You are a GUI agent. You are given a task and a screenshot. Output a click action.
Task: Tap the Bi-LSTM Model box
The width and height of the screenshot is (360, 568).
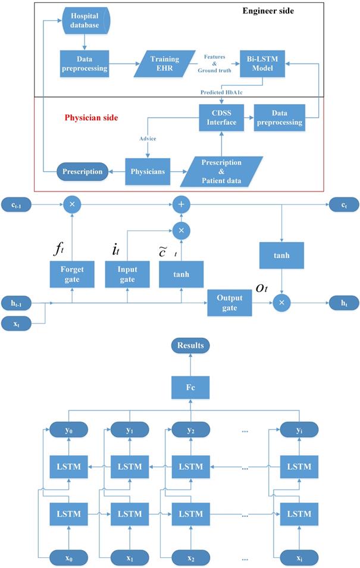coord(263,63)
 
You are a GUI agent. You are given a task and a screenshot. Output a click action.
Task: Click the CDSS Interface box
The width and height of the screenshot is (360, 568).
coord(221,118)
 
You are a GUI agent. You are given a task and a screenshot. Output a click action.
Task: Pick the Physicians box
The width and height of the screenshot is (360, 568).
coord(148,172)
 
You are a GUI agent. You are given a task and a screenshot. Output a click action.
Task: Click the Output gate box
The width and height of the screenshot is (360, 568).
coord(229,303)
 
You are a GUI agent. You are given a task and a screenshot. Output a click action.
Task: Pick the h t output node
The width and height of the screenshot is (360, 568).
coord(344,303)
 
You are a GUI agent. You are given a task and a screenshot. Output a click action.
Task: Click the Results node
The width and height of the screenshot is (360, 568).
coord(190,346)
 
